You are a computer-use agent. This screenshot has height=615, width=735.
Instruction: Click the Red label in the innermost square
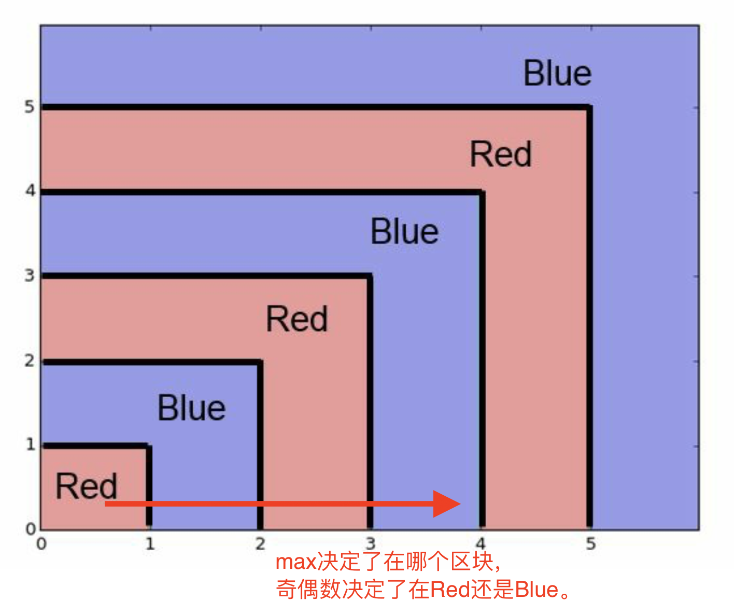pyautogui.click(x=87, y=486)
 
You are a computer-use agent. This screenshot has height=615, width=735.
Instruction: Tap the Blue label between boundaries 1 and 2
pyautogui.click(x=191, y=408)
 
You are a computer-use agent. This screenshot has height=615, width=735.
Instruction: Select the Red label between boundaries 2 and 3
pyautogui.click(x=296, y=319)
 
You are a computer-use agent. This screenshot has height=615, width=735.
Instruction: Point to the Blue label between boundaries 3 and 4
pyautogui.click(x=404, y=231)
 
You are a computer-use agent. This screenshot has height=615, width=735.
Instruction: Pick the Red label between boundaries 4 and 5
pyautogui.click(x=501, y=155)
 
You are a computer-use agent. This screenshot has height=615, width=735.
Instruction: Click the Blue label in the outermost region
pyautogui.click(x=557, y=74)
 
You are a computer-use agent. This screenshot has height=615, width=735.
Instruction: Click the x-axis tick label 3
pyautogui.click(x=370, y=543)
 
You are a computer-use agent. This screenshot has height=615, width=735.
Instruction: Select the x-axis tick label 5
pyautogui.click(x=590, y=544)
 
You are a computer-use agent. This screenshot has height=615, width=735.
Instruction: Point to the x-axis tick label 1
pyautogui.click(x=150, y=544)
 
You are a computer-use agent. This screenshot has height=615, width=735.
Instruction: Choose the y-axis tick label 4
pyautogui.click(x=30, y=191)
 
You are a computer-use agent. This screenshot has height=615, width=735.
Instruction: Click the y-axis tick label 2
pyautogui.click(x=30, y=361)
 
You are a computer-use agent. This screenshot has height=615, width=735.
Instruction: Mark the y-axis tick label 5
pyautogui.click(x=30, y=107)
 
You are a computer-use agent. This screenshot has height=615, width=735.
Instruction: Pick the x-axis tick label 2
pyautogui.click(x=260, y=544)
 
